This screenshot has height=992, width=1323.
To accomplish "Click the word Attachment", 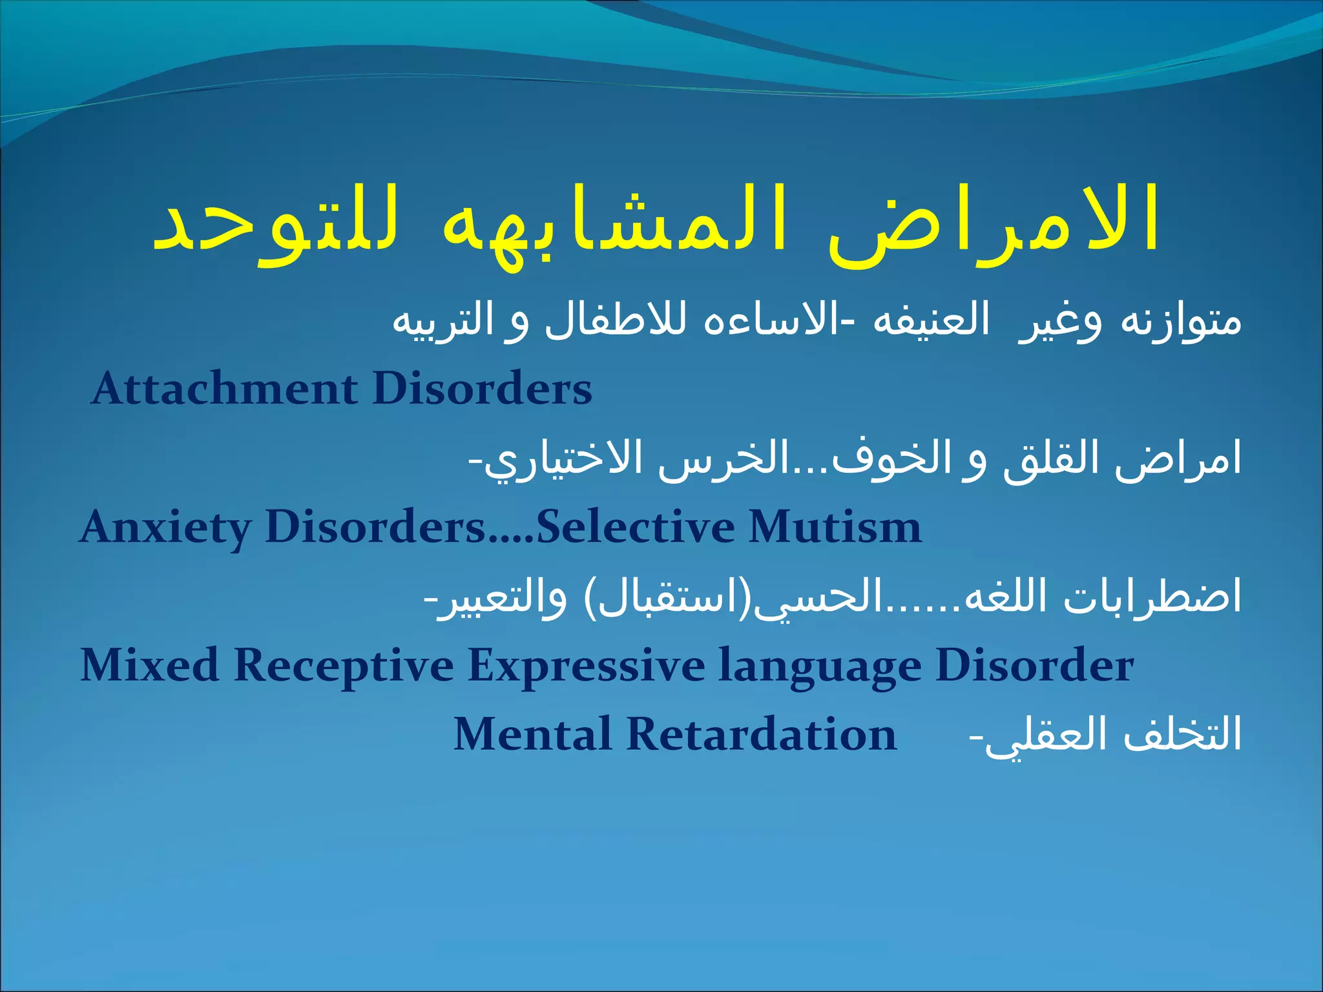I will [224, 389].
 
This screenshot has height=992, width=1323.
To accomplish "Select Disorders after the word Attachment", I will [482, 389].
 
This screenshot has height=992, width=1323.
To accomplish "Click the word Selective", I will [636, 526].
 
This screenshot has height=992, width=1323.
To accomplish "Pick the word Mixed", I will [149, 665].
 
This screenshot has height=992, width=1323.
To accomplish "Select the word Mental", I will [532, 735].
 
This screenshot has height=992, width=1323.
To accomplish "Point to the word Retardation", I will [762, 735].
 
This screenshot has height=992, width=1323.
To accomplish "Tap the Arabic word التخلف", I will [1182, 735].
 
